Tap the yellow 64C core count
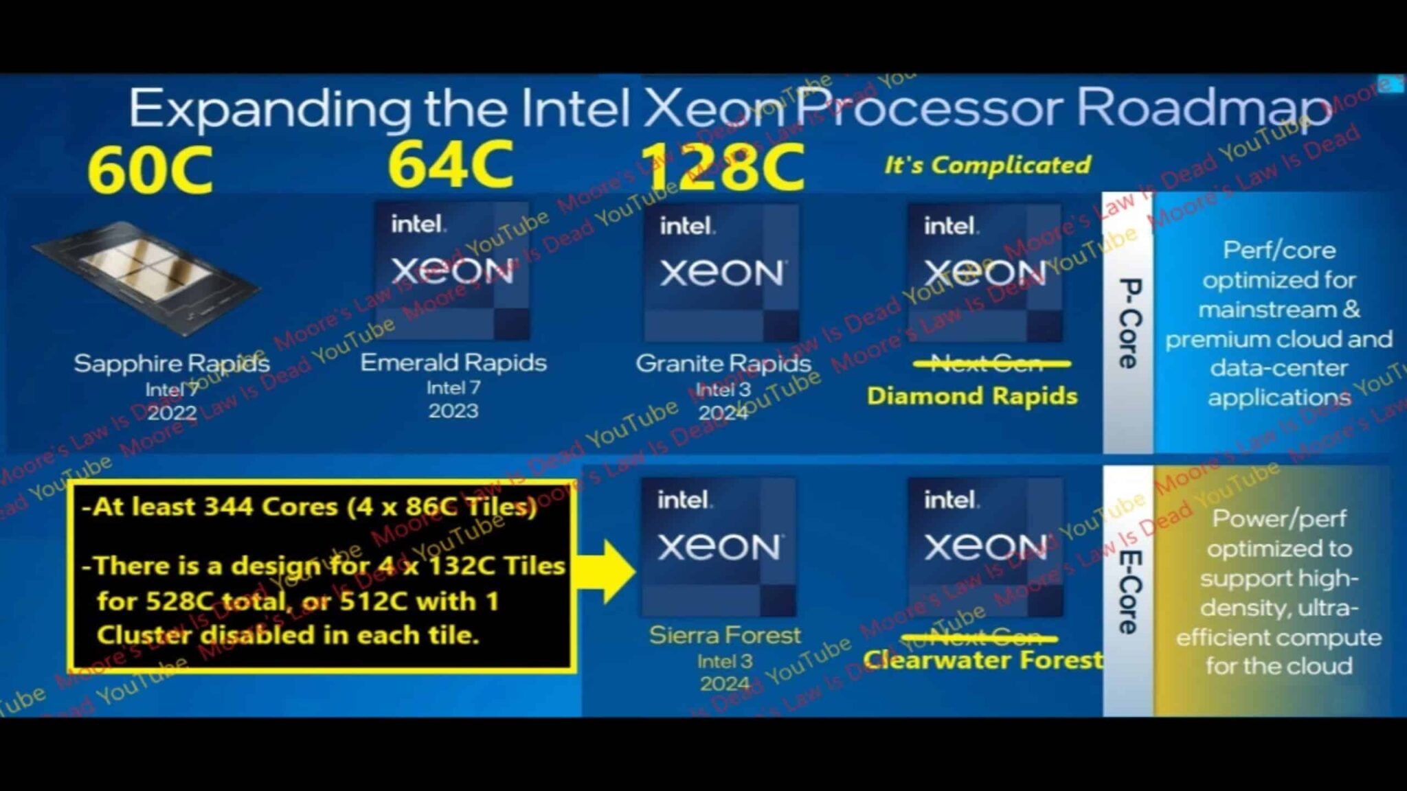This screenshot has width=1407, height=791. point(450,164)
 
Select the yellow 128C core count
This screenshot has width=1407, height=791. point(723,167)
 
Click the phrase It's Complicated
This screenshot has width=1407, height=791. point(987,165)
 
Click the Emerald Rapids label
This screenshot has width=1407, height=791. point(453,363)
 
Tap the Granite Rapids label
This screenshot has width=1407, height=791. point(723,363)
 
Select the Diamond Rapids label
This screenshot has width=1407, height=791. point(971,396)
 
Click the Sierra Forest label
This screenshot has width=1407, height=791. point(725,635)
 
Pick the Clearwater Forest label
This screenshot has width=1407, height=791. point(982,660)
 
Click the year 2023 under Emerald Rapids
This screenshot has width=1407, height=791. point(453,411)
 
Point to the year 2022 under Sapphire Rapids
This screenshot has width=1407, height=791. point(172,413)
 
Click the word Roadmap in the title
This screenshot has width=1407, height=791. point(1202,108)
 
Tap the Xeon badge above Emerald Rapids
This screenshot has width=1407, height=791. point(452,271)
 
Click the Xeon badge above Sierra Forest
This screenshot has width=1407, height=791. point(719,547)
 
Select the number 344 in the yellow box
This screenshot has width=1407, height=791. point(232,507)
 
